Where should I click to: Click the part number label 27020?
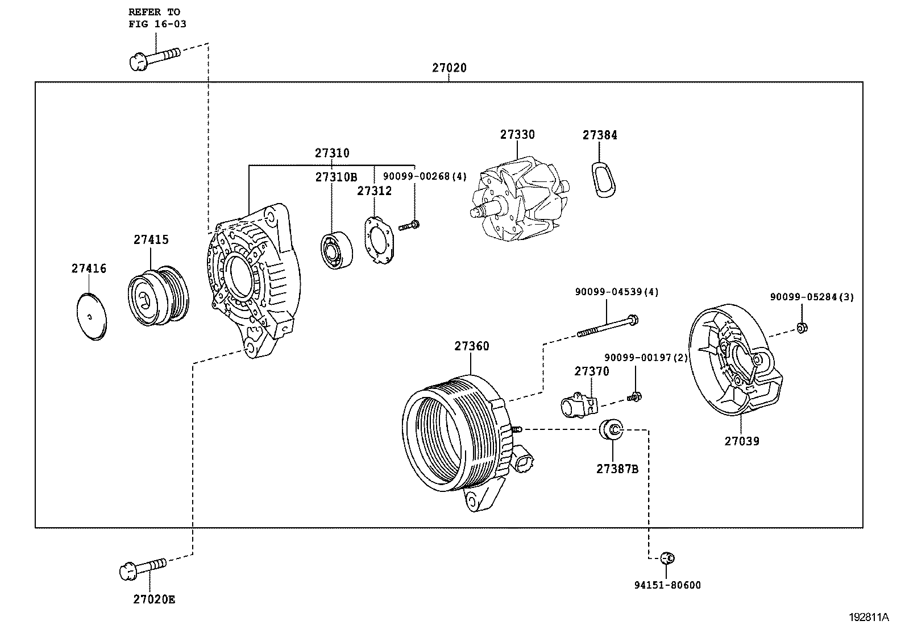click(x=449, y=68)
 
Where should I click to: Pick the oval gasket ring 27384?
click(x=601, y=180)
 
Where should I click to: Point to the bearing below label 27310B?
click(x=335, y=250)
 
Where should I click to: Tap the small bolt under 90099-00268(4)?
click(x=410, y=226)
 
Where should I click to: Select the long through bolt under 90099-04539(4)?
click(x=607, y=326)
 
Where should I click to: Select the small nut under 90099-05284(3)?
click(x=802, y=328)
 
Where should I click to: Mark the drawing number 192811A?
click(x=869, y=616)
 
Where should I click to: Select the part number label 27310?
click(x=332, y=153)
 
